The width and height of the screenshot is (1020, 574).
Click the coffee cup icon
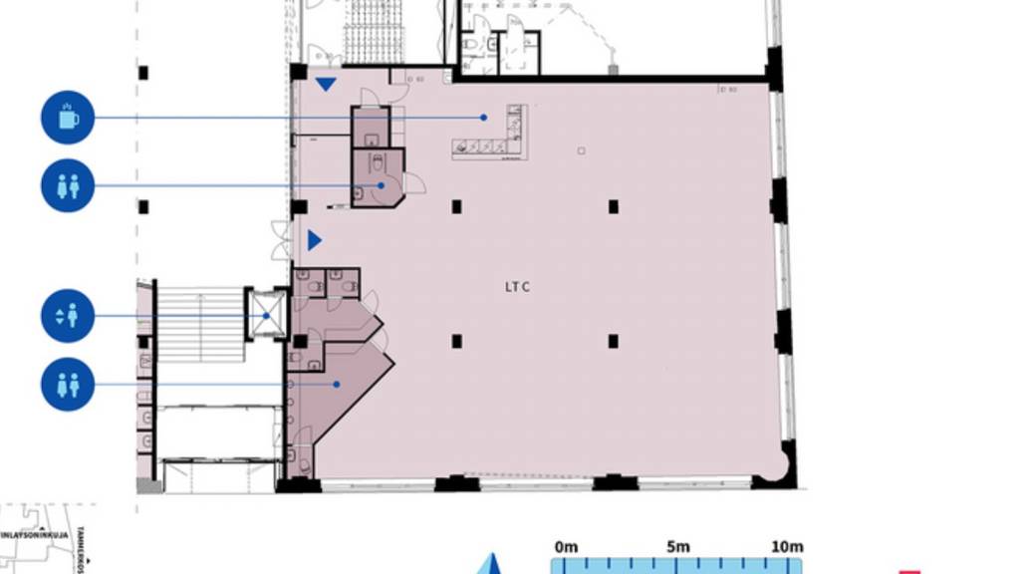coord(68,118)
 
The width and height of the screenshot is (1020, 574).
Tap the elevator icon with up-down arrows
coord(68,317)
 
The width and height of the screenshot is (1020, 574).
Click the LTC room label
coord(517,288)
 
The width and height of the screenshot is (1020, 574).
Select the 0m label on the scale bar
coord(566,546)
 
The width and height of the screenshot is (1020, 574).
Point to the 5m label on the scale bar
coord(678,546)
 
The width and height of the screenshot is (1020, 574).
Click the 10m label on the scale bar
coord(786,546)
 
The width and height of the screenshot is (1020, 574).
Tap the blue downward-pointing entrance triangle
coord(326,84)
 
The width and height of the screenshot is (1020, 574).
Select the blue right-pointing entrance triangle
coord(315,240)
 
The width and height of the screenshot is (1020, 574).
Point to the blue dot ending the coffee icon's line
coord(484,118)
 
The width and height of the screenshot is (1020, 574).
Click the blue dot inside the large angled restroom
coord(337,384)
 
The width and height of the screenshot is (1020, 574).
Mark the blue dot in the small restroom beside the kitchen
coord(381,185)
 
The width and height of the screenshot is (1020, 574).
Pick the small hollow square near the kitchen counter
coord(582,150)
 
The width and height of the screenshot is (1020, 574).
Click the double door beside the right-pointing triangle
coord(281,240)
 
